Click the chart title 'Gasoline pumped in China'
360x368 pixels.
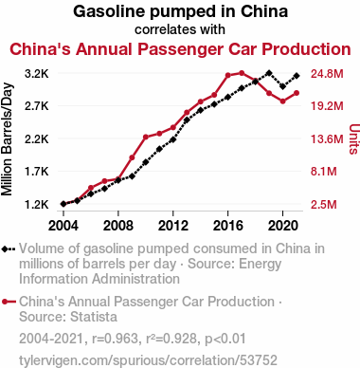point(180,11)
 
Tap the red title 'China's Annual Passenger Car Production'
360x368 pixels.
point(180,49)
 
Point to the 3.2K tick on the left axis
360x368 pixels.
point(37,74)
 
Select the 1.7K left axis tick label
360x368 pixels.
point(37,172)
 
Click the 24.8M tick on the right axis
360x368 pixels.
point(327,74)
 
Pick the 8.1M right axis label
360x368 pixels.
point(324,172)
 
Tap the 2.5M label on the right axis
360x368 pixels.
point(324,205)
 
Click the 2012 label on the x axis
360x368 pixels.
point(173,226)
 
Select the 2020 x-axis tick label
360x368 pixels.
point(283,226)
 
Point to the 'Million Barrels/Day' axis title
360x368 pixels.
point(7,139)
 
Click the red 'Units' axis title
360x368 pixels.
point(354,139)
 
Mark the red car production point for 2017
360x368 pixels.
point(242,73)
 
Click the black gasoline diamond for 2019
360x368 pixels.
point(269,73)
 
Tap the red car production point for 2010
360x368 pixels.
point(146,137)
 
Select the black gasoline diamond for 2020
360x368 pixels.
point(283,86)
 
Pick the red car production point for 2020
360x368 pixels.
point(283,101)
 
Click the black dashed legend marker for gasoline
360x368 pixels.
point(9,249)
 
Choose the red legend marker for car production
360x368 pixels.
point(9,302)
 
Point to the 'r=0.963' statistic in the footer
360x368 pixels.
point(115,339)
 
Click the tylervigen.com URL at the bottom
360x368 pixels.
point(148,360)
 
